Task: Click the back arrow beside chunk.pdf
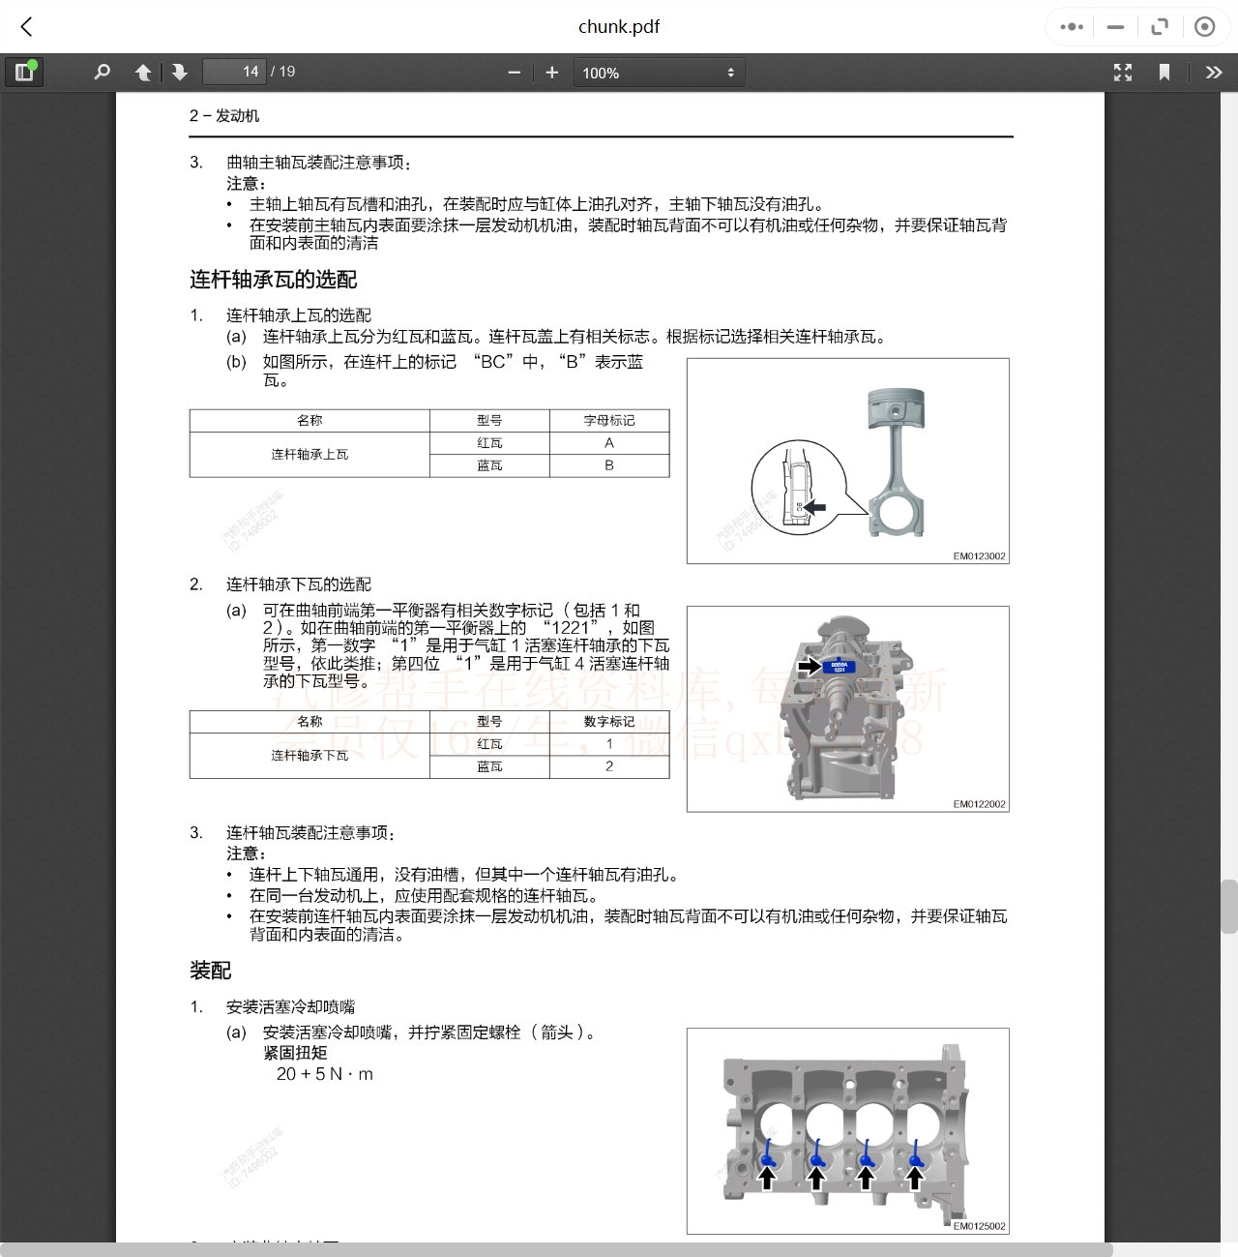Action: click(27, 27)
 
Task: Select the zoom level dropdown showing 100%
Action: click(659, 73)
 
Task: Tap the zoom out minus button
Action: click(515, 73)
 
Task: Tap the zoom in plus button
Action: click(552, 73)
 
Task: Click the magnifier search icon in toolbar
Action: click(102, 73)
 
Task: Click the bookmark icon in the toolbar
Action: click(1164, 73)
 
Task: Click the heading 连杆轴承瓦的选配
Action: click(274, 280)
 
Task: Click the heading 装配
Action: click(211, 971)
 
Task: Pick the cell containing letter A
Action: click(609, 443)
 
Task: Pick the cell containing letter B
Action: click(609, 465)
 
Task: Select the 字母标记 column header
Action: click(609, 421)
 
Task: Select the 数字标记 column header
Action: click(609, 722)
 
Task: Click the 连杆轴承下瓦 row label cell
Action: click(309, 756)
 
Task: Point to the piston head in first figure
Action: click(897, 405)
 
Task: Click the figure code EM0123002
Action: click(979, 556)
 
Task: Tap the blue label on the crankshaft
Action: click(839, 667)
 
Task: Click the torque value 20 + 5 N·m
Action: click(325, 1074)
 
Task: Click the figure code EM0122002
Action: click(979, 804)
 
